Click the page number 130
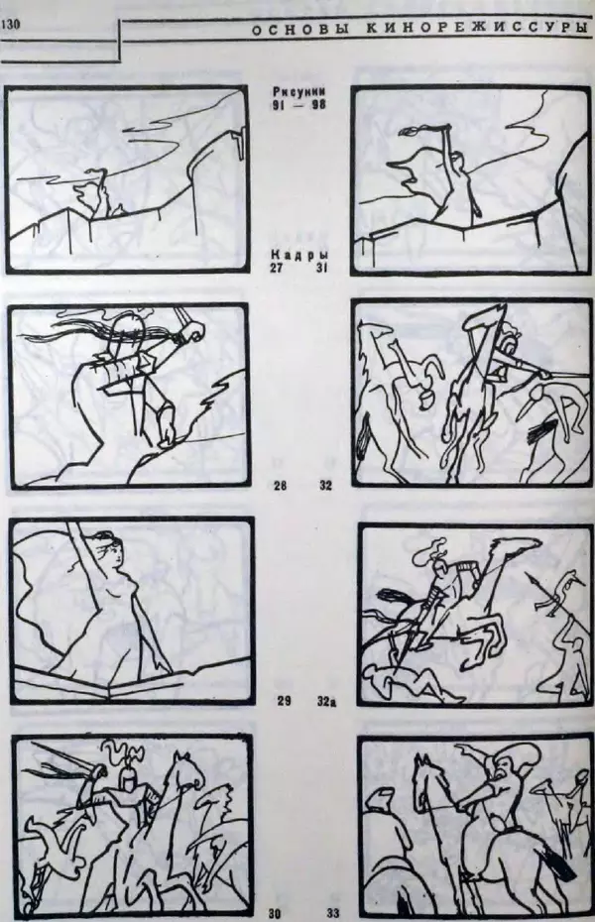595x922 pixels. tap(11, 24)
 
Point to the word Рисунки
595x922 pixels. tap(299, 92)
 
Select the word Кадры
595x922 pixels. tap(298, 256)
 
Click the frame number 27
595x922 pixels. tap(278, 267)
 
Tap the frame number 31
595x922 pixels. tap(321, 268)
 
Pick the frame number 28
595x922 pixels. tap(281, 486)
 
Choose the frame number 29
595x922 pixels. tap(284, 701)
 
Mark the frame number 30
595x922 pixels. tap(275, 914)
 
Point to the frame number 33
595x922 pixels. tap(333, 914)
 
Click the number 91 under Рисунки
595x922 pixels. tap(278, 105)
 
